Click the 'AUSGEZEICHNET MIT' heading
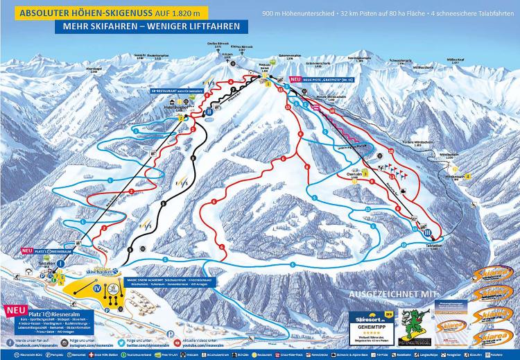pos(391,293)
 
